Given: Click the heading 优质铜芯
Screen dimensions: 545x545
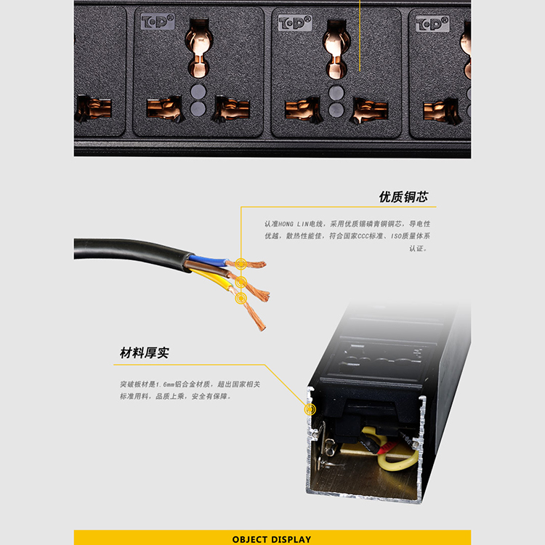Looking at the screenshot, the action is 403,197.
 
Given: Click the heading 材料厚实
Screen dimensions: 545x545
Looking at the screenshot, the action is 145,352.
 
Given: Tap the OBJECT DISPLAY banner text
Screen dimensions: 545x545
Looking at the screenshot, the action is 272,539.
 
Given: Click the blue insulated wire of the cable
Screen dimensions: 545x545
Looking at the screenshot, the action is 208,260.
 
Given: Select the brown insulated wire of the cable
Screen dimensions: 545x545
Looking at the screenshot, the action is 209,270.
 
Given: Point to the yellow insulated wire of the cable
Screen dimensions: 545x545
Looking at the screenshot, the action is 213,279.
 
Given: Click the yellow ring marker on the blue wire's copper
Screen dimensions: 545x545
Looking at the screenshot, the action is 241,264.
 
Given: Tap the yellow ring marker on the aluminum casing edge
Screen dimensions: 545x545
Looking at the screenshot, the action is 310,409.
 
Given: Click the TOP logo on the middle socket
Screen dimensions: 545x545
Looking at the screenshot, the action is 295,23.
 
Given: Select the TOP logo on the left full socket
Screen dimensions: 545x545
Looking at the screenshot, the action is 158,21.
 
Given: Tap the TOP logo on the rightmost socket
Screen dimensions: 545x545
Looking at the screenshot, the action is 432,24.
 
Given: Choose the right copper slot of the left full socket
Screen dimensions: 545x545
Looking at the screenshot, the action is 232,108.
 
